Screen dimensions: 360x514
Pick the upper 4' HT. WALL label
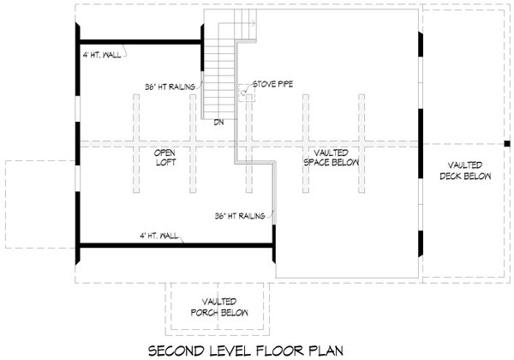pos(100,57)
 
